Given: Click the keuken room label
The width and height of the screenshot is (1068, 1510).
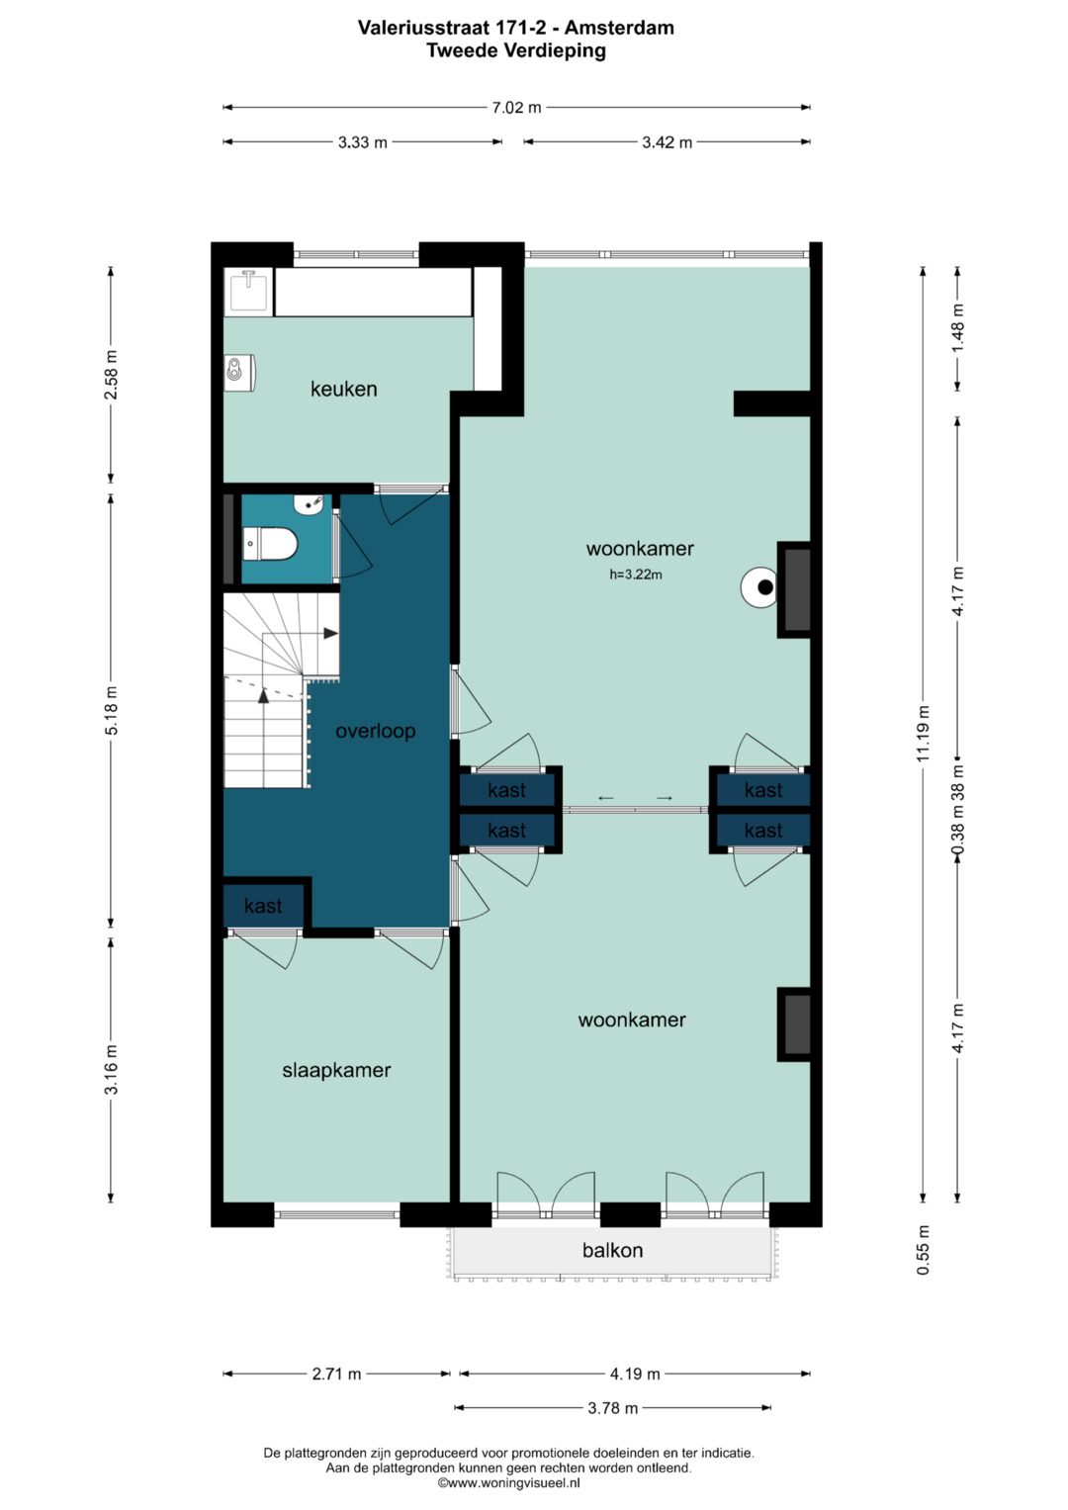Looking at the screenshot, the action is (343, 389).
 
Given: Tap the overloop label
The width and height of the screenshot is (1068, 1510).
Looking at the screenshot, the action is (375, 731).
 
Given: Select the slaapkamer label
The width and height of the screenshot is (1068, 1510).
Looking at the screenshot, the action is (336, 1071).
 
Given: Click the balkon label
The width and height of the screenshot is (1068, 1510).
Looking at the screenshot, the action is (612, 1251).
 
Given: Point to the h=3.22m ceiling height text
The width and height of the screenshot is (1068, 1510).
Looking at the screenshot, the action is (636, 575).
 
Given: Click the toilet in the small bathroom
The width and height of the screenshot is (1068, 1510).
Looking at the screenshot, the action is (270, 544).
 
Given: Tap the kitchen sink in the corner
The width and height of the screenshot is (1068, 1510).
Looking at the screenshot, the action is (249, 291).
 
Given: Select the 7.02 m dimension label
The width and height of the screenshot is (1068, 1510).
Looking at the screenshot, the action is (516, 108).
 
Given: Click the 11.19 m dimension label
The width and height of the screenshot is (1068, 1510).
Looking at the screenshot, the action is (923, 734).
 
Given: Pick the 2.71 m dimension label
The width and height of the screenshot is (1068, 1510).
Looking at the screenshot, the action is (336, 1374).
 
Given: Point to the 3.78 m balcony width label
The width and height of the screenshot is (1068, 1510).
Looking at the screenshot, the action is (612, 1408).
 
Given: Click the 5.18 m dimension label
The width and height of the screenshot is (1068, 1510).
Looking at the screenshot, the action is (111, 711).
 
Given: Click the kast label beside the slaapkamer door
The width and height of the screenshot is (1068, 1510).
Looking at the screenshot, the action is (263, 906).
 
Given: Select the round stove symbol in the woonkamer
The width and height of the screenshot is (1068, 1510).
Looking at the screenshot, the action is (759, 587).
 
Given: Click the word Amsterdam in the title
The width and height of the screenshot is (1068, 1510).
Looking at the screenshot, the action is (619, 28).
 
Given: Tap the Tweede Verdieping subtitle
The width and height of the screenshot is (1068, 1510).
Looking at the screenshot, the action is (516, 50).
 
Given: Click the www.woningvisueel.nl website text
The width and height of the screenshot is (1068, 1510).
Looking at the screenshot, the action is (508, 1482).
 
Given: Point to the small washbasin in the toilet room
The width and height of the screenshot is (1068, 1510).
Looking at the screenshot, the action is (310, 503).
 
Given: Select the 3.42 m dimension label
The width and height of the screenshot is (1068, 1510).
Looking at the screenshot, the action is (667, 142).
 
